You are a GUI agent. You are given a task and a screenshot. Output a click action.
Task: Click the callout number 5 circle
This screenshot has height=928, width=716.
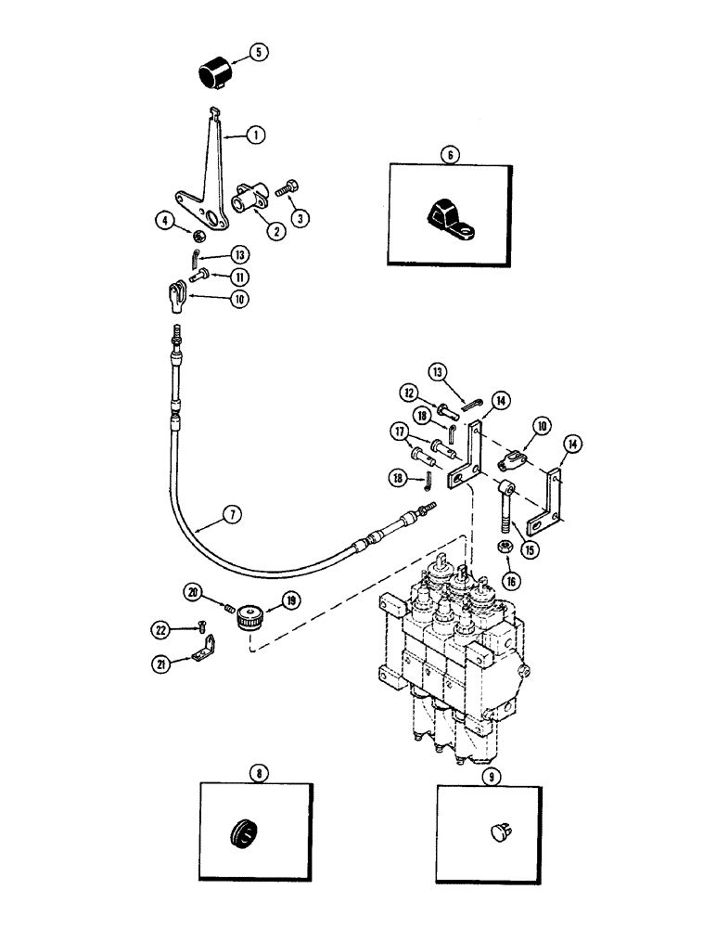click(x=258, y=53)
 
